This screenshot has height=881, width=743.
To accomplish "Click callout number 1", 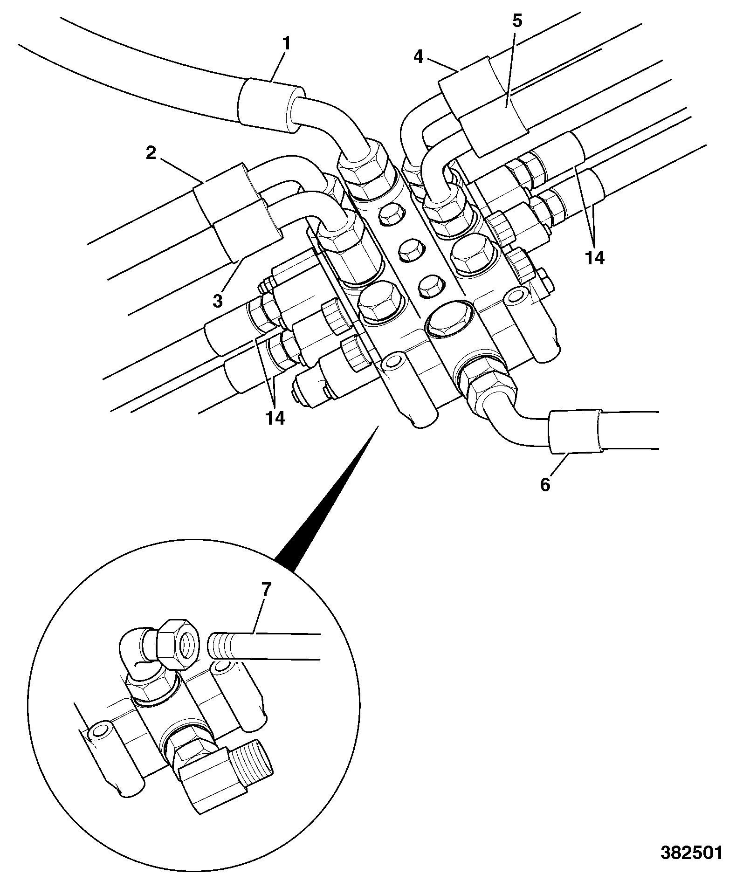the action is (287, 45).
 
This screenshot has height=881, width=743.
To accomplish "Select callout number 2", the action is (151, 153).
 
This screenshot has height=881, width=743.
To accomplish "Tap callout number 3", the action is (218, 301).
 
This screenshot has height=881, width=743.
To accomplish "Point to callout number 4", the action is (418, 57).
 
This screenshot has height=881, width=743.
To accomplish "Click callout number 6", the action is (545, 485).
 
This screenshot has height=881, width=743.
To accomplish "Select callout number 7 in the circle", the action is (265, 590).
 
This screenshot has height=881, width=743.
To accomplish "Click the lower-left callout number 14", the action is (275, 418).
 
